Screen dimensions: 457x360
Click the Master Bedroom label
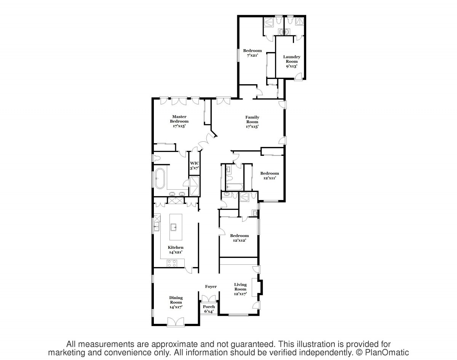[x=179, y=121]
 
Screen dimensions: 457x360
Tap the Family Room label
[x=252, y=122]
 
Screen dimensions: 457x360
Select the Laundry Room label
[x=292, y=61]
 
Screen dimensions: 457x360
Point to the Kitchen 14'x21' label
[x=176, y=250]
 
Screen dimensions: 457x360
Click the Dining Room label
[x=176, y=302]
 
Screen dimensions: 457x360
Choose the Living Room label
[x=240, y=289]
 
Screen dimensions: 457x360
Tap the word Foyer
[x=211, y=286]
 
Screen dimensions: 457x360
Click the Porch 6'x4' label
[x=209, y=309]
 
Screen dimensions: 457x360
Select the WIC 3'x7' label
[x=195, y=166]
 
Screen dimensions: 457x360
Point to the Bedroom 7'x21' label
[x=252, y=53]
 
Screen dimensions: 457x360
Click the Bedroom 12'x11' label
[x=270, y=176]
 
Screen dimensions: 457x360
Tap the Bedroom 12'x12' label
[x=239, y=238]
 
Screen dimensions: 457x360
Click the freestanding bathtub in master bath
[x=160, y=179]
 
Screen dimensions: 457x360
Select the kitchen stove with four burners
[x=172, y=263]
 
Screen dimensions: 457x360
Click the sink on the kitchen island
[x=174, y=227]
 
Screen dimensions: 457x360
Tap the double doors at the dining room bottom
[x=176, y=321]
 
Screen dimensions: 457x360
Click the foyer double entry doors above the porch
[x=209, y=298]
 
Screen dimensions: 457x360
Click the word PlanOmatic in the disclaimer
[x=387, y=352]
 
